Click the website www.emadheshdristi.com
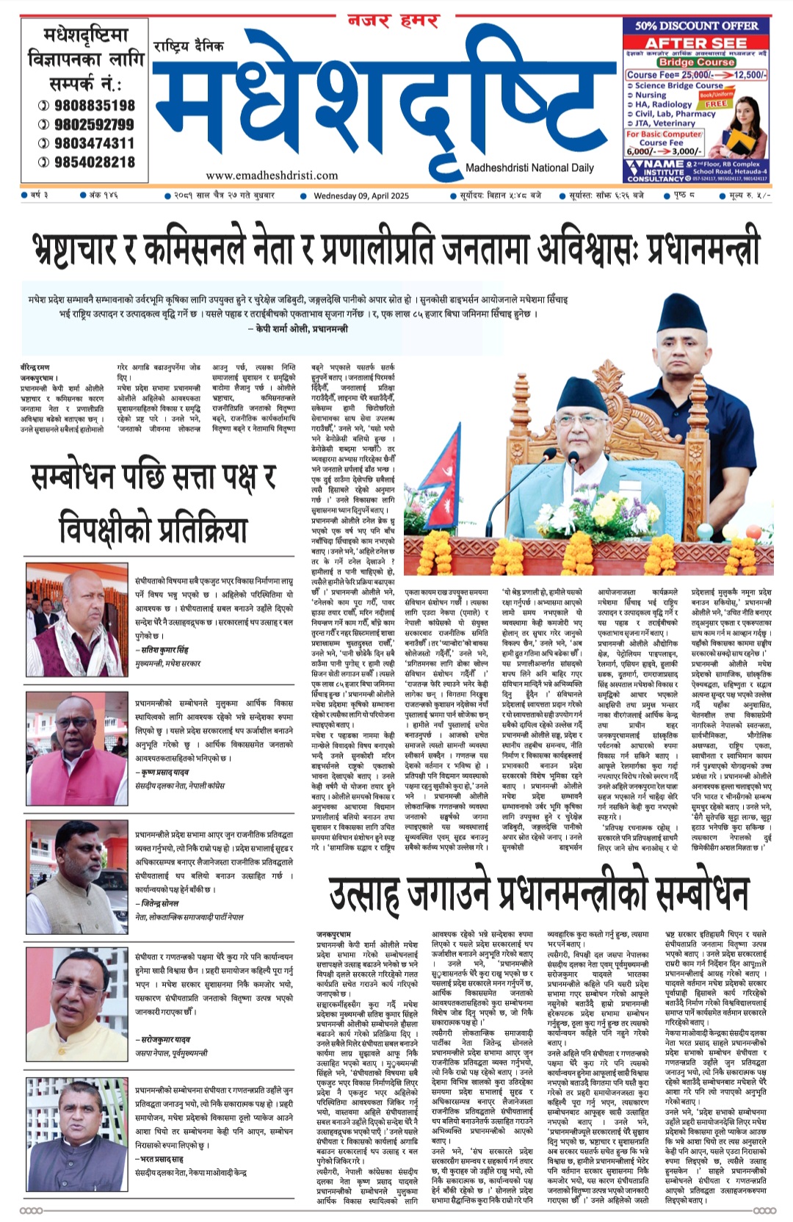(x=272, y=176)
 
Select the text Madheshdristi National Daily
(x=529, y=168)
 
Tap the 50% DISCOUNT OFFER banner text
(x=696, y=26)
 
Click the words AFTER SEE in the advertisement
(x=696, y=43)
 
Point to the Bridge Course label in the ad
(x=696, y=62)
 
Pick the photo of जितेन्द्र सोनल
(x=77, y=867)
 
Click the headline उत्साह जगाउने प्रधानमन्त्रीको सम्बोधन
(x=538, y=893)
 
